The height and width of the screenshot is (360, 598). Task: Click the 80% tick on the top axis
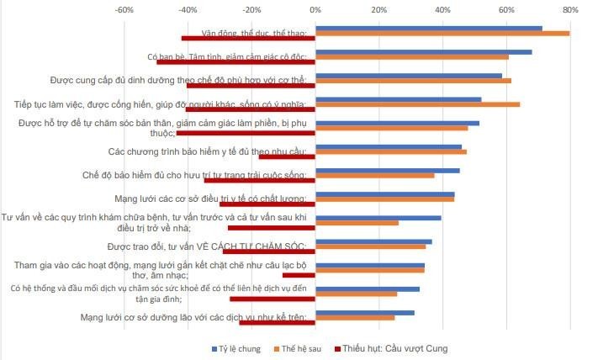(570, 10)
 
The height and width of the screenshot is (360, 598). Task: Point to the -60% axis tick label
(123, 10)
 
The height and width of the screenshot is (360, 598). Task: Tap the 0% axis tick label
(315, 10)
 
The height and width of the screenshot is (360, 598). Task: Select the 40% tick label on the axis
(442, 10)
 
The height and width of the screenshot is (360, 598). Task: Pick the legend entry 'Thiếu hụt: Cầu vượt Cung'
(394, 347)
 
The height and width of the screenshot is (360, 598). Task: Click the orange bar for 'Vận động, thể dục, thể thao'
(442, 34)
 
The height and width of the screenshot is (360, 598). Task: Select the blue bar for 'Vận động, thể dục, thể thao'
(428, 28)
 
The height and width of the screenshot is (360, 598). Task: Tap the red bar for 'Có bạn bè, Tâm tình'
(235, 62)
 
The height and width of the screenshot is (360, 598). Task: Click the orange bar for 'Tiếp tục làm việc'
(417, 104)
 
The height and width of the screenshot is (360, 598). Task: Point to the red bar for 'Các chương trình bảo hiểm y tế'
(287, 156)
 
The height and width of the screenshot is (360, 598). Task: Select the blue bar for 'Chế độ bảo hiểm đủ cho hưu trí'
(387, 170)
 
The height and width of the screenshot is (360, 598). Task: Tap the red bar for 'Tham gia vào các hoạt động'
(299, 275)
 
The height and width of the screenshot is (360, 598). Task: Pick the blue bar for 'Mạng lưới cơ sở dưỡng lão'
(364, 312)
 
